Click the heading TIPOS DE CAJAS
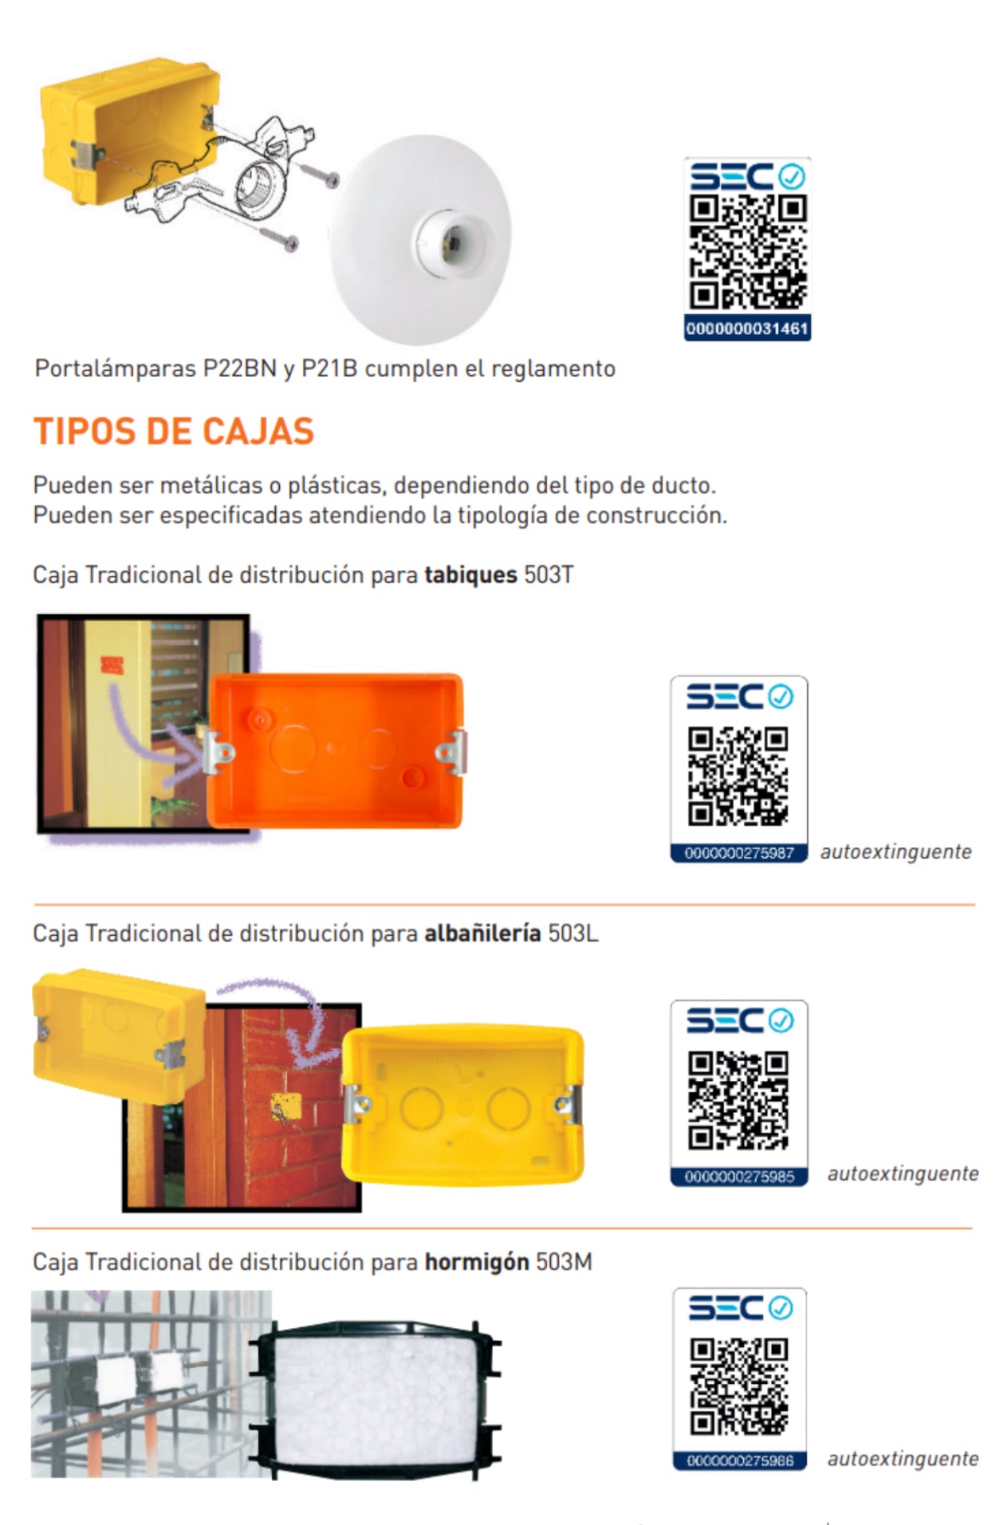(174, 431)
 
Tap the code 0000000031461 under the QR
(747, 328)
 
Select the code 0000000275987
(739, 853)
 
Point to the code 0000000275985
(739, 1177)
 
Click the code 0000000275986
(740, 1460)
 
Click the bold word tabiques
(470, 575)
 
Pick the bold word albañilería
(482, 933)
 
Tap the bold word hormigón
(477, 1262)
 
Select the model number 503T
(549, 575)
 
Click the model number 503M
(564, 1262)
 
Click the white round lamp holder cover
(420, 240)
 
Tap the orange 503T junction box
(336, 752)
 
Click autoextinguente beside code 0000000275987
(895, 851)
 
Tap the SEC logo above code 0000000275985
(740, 1020)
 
